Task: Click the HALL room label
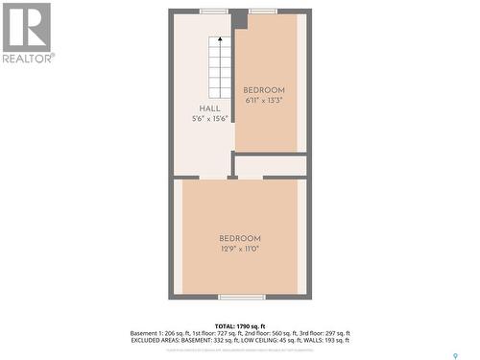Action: pyautogui.click(x=209, y=108)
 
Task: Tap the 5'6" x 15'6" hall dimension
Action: pyautogui.click(x=209, y=119)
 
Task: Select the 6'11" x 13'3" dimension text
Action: pyautogui.click(x=264, y=100)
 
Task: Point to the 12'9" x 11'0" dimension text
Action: pyautogui.click(x=240, y=249)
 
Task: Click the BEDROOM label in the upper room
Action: pyautogui.click(x=264, y=90)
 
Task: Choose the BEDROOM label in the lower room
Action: pyautogui.click(x=240, y=238)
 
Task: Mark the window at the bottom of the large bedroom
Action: pyautogui.click(x=241, y=297)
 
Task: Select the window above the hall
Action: pyautogui.click(x=213, y=11)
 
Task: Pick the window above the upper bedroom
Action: pyautogui.click(x=263, y=11)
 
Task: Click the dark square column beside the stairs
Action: pyautogui.click(x=239, y=20)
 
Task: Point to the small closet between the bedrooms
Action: pyautogui.click(x=271, y=166)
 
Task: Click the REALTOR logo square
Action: pyautogui.click(x=27, y=27)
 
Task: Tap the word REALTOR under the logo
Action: pyautogui.click(x=28, y=58)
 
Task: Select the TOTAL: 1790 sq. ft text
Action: pyautogui.click(x=240, y=325)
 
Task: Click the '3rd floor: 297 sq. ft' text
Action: pyautogui.click(x=318, y=332)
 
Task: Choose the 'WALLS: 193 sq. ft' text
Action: pyautogui.click(x=322, y=340)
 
